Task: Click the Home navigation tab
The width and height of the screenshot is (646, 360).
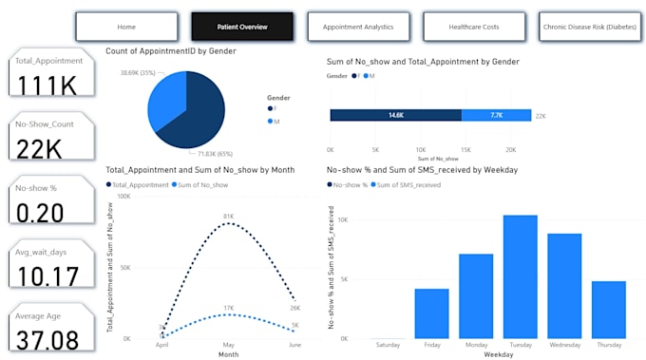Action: pyautogui.click(x=125, y=28)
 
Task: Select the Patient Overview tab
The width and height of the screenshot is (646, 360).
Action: pyautogui.click(x=241, y=28)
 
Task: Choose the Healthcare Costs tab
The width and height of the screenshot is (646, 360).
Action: pyautogui.click(x=474, y=28)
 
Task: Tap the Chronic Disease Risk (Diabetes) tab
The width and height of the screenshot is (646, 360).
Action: pyautogui.click(x=590, y=28)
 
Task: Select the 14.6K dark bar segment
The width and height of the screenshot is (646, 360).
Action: pyautogui.click(x=395, y=115)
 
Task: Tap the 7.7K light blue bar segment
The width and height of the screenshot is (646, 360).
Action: pyautogui.click(x=495, y=115)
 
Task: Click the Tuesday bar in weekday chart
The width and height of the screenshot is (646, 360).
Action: pyautogui.click(x=521, y=276)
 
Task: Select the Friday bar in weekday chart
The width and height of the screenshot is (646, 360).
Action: pyautogui.click(x=431, y=313)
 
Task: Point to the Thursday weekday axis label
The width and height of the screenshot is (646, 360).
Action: pyautogui.click(x=609, y=346)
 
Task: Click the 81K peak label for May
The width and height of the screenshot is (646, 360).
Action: pyautogui.click(x=229, y=217)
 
